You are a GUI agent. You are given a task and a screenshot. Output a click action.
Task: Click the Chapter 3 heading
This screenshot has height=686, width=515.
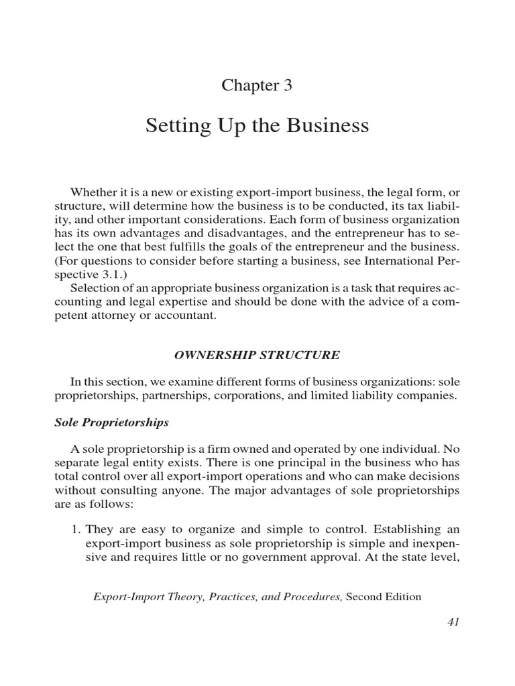(257, 86)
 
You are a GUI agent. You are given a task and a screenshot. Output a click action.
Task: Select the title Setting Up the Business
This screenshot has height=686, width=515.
(257, 126)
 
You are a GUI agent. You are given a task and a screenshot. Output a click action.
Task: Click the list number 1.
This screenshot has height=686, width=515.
(75, 528)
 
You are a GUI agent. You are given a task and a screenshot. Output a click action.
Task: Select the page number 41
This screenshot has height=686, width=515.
(453, 622)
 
